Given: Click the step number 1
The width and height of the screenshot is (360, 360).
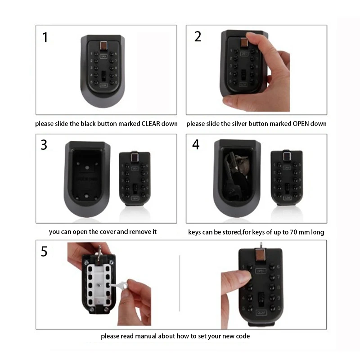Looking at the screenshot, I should (45, 37).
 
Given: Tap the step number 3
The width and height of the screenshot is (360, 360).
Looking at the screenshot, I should (44, 145).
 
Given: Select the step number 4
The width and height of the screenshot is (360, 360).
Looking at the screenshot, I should (196, 145).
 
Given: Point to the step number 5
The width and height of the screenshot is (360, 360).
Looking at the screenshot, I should (44, 252).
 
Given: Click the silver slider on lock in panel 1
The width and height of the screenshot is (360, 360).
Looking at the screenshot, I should (103, 46).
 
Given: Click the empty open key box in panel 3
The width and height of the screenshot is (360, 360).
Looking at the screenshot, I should (86, 180).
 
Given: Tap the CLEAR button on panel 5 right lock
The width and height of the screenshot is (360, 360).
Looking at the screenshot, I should (261, 312).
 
